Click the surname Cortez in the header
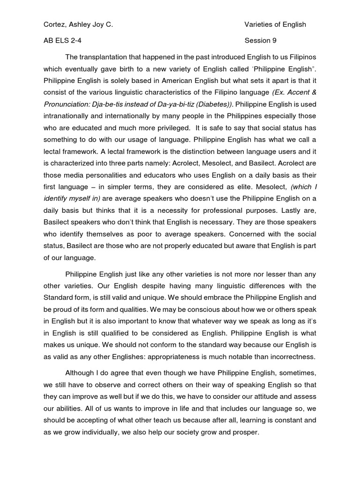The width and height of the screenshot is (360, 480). [x=55, y=24]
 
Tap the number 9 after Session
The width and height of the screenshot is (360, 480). [x=275, y=41]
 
